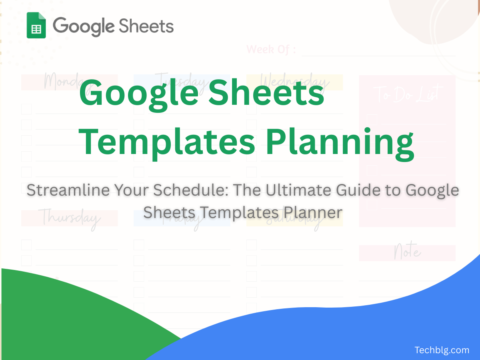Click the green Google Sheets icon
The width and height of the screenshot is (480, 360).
[36, 25]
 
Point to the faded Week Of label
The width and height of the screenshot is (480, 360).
[271, 50]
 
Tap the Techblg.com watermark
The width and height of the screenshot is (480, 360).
[442, 350]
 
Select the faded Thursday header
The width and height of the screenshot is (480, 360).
[69, 218]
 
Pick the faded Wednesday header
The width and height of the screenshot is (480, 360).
[295, 82]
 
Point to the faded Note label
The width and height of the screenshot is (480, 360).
[407, 252]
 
